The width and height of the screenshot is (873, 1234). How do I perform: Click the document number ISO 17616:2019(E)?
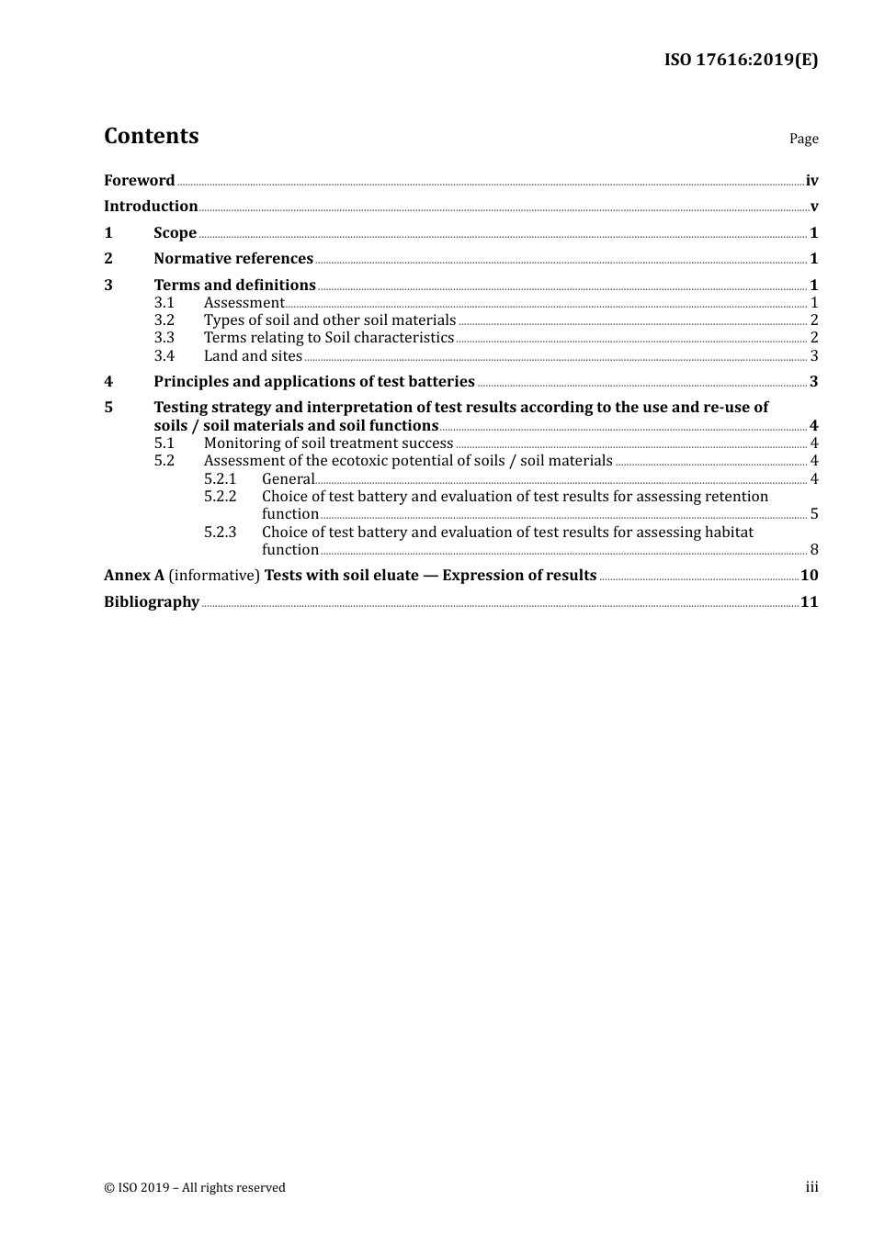click(x=741, y=60)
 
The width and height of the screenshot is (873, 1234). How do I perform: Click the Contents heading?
click(x=152, y=136)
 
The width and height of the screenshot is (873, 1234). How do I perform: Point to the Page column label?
click(x=803, y=139)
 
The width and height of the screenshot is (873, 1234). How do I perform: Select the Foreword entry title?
click(x=139, y=180)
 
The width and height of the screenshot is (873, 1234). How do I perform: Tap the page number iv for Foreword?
click(x=811, y=180)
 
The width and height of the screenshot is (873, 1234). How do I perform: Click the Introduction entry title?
click(x=151, y=206)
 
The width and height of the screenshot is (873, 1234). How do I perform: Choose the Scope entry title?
click(x=175, y=232)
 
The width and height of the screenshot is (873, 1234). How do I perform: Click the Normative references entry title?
click(x=233, y=258)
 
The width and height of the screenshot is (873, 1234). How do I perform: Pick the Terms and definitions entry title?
click(x=234, y=285)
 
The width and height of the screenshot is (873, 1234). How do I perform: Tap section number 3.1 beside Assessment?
click(x=164, y=302)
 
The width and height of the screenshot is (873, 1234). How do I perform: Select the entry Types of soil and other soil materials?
click(x=330, y=320)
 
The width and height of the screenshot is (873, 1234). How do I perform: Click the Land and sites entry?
click(x=253, y=355)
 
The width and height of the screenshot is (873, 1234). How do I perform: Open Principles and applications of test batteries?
click(x=314, y=381)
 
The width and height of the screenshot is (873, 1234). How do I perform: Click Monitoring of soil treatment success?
click(x=328, y=443)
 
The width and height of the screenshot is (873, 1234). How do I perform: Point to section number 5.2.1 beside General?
click(x=221, y=478)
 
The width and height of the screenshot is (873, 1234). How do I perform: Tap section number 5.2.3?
click(x=221, y=532)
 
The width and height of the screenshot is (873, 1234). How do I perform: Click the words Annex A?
click(x=134, y=575)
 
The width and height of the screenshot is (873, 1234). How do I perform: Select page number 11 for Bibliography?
click(x=809, y=601)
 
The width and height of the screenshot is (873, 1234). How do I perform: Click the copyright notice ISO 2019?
click(x=195, y=1187)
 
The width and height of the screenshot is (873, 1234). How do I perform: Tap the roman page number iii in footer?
click(x=811, y=1186)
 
